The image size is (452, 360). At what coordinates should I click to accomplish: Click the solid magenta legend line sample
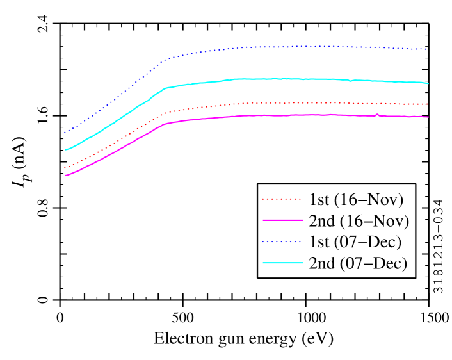pyautogui.click(x=282, y=220)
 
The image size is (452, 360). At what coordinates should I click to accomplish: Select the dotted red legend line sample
pyautogui.click(x=282, y=199)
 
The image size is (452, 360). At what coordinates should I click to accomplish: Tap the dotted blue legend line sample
pyautogui.click(x=282, y=241)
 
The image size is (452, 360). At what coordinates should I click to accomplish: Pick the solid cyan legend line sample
pyautogui.click(x=282, y=263)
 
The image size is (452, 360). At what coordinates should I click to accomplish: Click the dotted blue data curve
pyautogui.click(x=288, y=47)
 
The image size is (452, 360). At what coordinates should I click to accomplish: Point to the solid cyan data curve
pyautogui.click(x=288, y=79)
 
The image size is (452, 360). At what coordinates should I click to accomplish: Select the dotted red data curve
pyautogui.click(x=288, y=102)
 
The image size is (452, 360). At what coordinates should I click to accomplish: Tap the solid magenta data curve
pyautogui.click(x=288, y=115)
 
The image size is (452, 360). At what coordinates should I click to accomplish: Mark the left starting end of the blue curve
pyautogui.click(x=65, y=133)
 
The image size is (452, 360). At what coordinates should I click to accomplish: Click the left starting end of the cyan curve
pyautogui.click(x=65, y=149)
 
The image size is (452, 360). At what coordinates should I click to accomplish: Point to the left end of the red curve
pyautogui.click(x=65, y=168)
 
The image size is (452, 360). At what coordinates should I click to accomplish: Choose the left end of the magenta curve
pyautogui.click(x=65, y=176)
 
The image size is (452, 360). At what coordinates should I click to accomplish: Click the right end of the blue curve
pyautogui.click(x=426, y=49)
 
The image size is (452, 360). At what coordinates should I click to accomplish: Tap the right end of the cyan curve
pyautogui.click(x=428, y=83)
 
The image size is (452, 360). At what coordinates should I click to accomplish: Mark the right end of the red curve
pyautogui.click(x=427, y=104)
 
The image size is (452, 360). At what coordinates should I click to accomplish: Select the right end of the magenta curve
pyautogui.click(x=428, y=117)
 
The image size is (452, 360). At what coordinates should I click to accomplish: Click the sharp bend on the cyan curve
pyautogui.click(x=165, y=88)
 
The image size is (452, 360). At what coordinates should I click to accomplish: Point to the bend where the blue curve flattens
pyautogui.click(x=166, y=60)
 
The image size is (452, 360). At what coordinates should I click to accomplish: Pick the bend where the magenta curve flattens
pyautogui.click(x=165, y=124)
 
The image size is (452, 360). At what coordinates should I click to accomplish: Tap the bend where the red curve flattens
pyautogui.click(x=166, y=113)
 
